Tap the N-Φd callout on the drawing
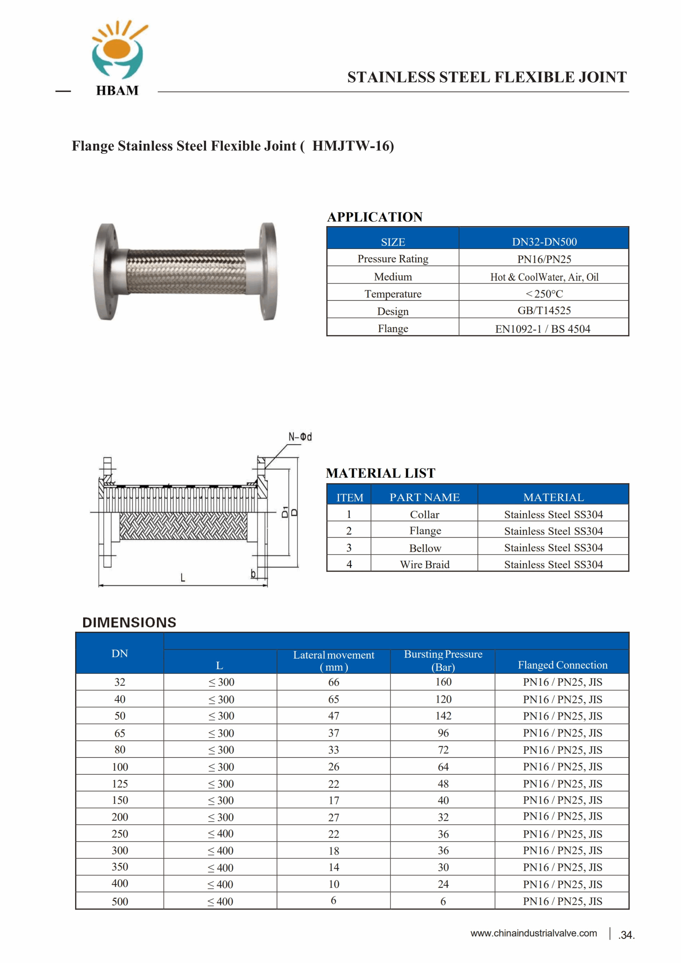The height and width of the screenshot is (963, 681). [x=300, y=437]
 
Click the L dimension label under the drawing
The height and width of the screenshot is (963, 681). [x=183, y=577]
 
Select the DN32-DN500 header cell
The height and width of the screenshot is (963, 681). [x=544, y=242]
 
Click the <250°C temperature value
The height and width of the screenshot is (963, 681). [x=544, y=293]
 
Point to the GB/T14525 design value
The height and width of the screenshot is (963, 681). [x=544, y=310]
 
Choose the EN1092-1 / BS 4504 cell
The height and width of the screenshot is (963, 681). [x=543, y=329]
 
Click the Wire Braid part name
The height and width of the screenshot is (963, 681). [x=425, y=565]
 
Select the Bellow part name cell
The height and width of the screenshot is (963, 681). [x=425, y=548]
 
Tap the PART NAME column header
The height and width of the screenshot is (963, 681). [x=425, y=497]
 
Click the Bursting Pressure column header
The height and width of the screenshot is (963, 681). [x=443, y=661]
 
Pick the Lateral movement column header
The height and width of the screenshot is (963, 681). [x=334, y=661]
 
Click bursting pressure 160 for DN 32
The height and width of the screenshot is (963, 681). [x=443, y=682]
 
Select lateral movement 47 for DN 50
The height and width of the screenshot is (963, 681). [x=334, y=716]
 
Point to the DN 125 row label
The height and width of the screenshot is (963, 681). [x=120, y=784]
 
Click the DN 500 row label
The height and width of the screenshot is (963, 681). [x=120, y=901]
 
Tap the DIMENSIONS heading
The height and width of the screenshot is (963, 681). [x=129, y=623]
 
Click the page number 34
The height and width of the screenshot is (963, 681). [x=626, y=935]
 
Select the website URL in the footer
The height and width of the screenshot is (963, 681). [x=533, y=933]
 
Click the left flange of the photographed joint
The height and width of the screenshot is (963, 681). [x=106, y=272]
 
